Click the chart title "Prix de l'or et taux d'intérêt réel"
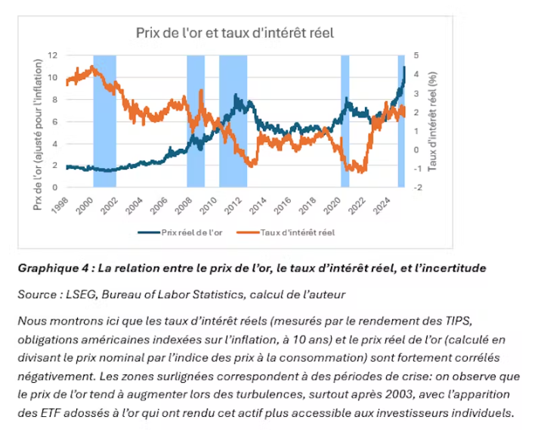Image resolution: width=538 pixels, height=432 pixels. (x=234, y=33)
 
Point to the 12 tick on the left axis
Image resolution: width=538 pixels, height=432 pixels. (x=52, y=55)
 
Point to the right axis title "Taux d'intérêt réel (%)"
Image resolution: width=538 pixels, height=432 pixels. (x=433, y=121)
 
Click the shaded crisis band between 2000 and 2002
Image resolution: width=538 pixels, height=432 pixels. (x=104, y=121)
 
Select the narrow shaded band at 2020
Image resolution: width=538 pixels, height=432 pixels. (x=345, y=121)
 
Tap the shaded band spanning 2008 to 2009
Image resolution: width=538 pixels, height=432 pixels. (x=196, y=121)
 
